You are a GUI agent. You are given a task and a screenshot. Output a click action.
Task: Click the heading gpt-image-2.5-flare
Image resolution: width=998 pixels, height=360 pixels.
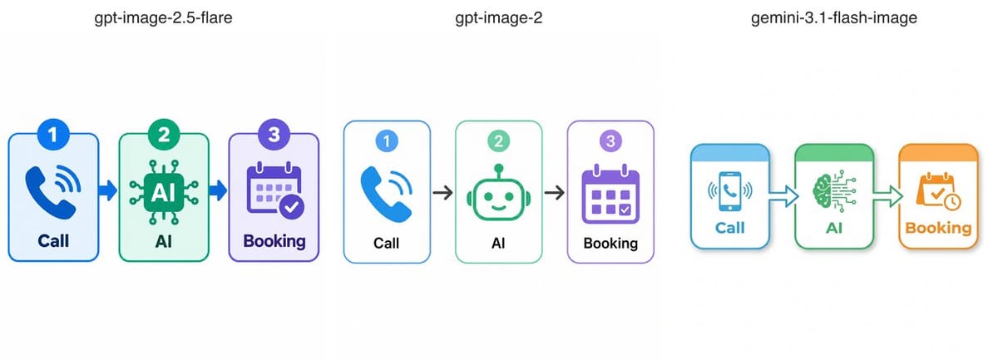(x=163, y=18)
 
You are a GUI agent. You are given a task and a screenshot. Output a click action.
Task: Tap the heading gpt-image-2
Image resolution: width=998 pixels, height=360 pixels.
(x=498, y=18)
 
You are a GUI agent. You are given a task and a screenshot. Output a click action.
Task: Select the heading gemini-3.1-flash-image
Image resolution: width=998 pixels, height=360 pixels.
(x=833, y=18)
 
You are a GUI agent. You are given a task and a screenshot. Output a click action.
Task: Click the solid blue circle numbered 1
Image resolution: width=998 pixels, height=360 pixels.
(x=53, y=134)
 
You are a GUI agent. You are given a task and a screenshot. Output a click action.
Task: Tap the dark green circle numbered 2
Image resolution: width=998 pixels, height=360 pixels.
(x=164, y=134)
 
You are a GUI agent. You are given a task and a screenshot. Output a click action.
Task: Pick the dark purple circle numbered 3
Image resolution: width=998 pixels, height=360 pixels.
(x=274, y=134)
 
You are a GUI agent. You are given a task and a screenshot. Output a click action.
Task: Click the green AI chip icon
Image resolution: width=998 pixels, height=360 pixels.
(x=164, y=193)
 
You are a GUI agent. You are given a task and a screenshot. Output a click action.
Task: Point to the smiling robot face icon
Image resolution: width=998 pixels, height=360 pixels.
(x=498, y=193)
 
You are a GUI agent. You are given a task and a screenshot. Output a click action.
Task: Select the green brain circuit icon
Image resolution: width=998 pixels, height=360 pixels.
(x=834, y=190)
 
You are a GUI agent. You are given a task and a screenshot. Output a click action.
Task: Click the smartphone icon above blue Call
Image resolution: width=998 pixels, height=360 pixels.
(x=730, y=191)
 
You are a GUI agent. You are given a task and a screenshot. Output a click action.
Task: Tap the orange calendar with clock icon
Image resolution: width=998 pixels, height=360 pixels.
(x=938, y=191)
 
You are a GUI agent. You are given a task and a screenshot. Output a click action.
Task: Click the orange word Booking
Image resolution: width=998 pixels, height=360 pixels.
(x=938, y=228)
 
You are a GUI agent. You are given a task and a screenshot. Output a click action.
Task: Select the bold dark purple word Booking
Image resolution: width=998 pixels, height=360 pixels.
(x=274, y=241)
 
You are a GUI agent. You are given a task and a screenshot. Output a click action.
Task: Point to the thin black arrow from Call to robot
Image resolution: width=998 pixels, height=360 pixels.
(x=442, y=193)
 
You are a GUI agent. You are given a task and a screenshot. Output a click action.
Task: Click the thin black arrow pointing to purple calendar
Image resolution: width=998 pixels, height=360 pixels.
(x=555, y=193)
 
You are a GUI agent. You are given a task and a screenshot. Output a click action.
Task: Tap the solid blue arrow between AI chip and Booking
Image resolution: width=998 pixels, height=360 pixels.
(x=218, y=190)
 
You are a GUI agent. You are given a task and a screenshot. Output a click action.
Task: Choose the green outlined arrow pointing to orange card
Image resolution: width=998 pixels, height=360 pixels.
(x=888, y=196)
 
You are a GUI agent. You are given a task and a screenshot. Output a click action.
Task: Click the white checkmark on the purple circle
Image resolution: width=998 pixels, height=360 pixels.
(x=291, y=207)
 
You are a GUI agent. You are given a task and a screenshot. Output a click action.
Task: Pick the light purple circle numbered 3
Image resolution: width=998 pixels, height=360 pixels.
(x=610, y=141)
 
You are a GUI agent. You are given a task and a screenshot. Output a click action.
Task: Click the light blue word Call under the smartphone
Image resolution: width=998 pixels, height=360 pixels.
(x=730, y=228)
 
